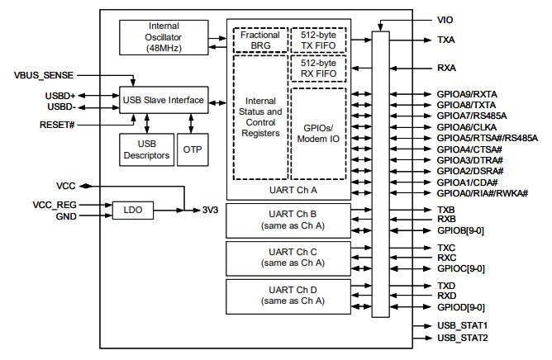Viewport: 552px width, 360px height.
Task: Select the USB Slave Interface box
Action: [x=163, y=101]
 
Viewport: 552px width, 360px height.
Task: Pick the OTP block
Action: [x=191, y=149]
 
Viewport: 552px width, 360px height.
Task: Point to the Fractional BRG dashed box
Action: [x=259, y=40]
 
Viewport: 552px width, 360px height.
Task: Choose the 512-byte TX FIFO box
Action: [x=317, y=40]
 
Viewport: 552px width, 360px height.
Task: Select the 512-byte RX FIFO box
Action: [x=317, y=68]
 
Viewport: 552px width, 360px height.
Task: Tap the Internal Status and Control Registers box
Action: [x=259, y=116]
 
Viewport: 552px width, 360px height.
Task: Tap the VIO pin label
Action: [x=445, y=18]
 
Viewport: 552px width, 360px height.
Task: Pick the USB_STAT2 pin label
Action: [x=462, y=339]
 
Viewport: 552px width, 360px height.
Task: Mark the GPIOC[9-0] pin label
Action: [x=460, y=268]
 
